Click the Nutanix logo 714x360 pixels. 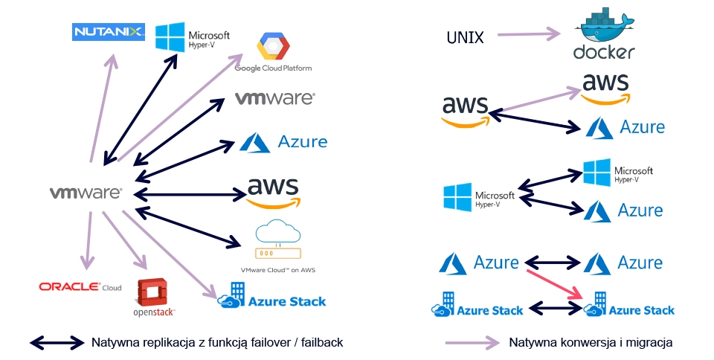[x=109, y=32]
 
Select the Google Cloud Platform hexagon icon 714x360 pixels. [x=272, y=47]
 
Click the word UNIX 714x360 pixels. [x=465, y=37]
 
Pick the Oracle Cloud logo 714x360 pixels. [x=80, y=286]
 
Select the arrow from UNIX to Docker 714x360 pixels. [x=528, y=33]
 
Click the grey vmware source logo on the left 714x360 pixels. [x=86, y=193]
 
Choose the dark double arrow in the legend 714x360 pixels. [x=57, y=342]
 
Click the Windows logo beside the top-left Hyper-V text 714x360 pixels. [x=170, y=36]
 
